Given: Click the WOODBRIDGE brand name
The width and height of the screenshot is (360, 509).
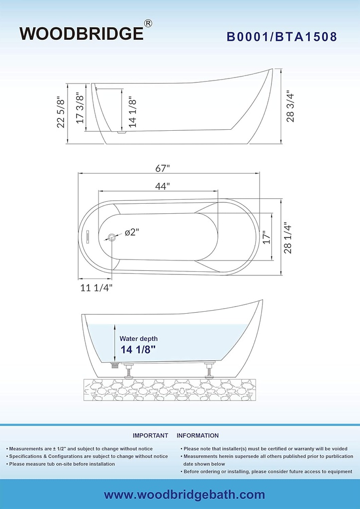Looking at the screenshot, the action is (x=82, y=33).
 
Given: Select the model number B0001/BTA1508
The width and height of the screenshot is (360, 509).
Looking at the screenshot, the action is (x=282, y=37).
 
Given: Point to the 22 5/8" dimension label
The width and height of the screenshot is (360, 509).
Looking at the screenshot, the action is (x=61, y=112).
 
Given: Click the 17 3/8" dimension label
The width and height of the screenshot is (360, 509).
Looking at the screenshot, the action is (x=80, y=108).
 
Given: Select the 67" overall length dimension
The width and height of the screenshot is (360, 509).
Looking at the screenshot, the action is (x=163, y=169).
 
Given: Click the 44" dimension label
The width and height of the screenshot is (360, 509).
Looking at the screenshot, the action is (x=163, y=186).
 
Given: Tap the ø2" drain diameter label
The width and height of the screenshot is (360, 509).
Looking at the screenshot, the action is (x=132, y=232).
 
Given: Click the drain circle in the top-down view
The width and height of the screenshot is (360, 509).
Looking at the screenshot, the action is (x=112, y=237).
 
